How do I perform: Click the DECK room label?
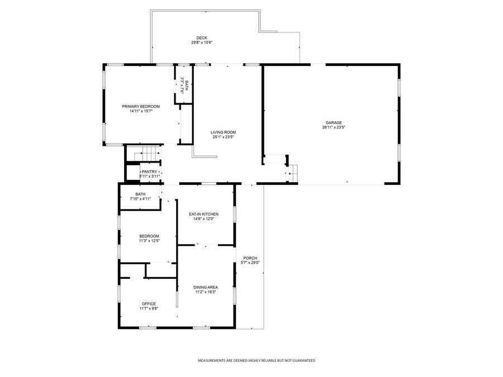pos(202,38)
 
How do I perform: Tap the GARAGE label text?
pos(334,123)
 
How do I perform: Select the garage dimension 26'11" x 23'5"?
pos(334,127)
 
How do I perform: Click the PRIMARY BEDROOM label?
pos(141,106)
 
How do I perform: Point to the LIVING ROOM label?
pos(222,132)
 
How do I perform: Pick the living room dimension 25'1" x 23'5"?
pos(222,137)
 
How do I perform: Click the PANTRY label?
pos(149,172)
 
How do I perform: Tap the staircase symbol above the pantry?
pos(149,152)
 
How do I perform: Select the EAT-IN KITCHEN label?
pos(203,214)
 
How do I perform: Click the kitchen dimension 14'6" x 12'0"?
pos(203,219)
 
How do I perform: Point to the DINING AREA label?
pos(206,287)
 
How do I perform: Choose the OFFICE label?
pos(149,304)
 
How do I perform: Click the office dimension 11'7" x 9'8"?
pos(149,308)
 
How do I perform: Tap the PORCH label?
pos(250,257)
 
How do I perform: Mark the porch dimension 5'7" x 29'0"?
pos(250,263)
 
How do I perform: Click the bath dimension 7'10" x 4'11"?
pos(140,199)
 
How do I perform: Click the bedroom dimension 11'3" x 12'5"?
pos(149,241)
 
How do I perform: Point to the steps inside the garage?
pos(292,174)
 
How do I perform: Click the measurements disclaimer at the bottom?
pos(257,361)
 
